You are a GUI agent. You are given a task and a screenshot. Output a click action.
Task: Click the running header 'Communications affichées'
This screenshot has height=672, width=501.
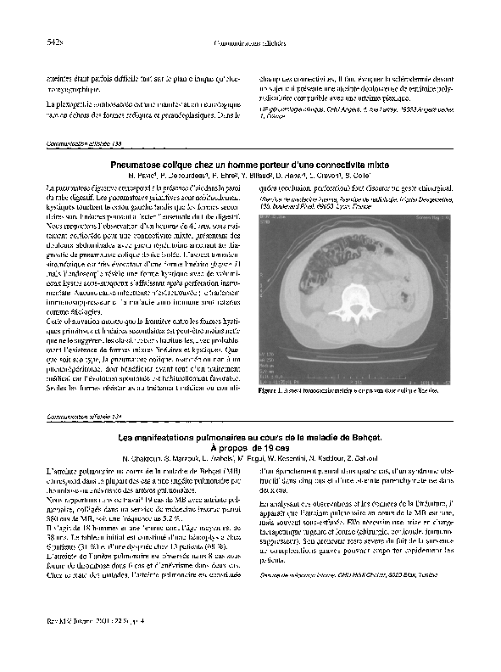251,42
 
